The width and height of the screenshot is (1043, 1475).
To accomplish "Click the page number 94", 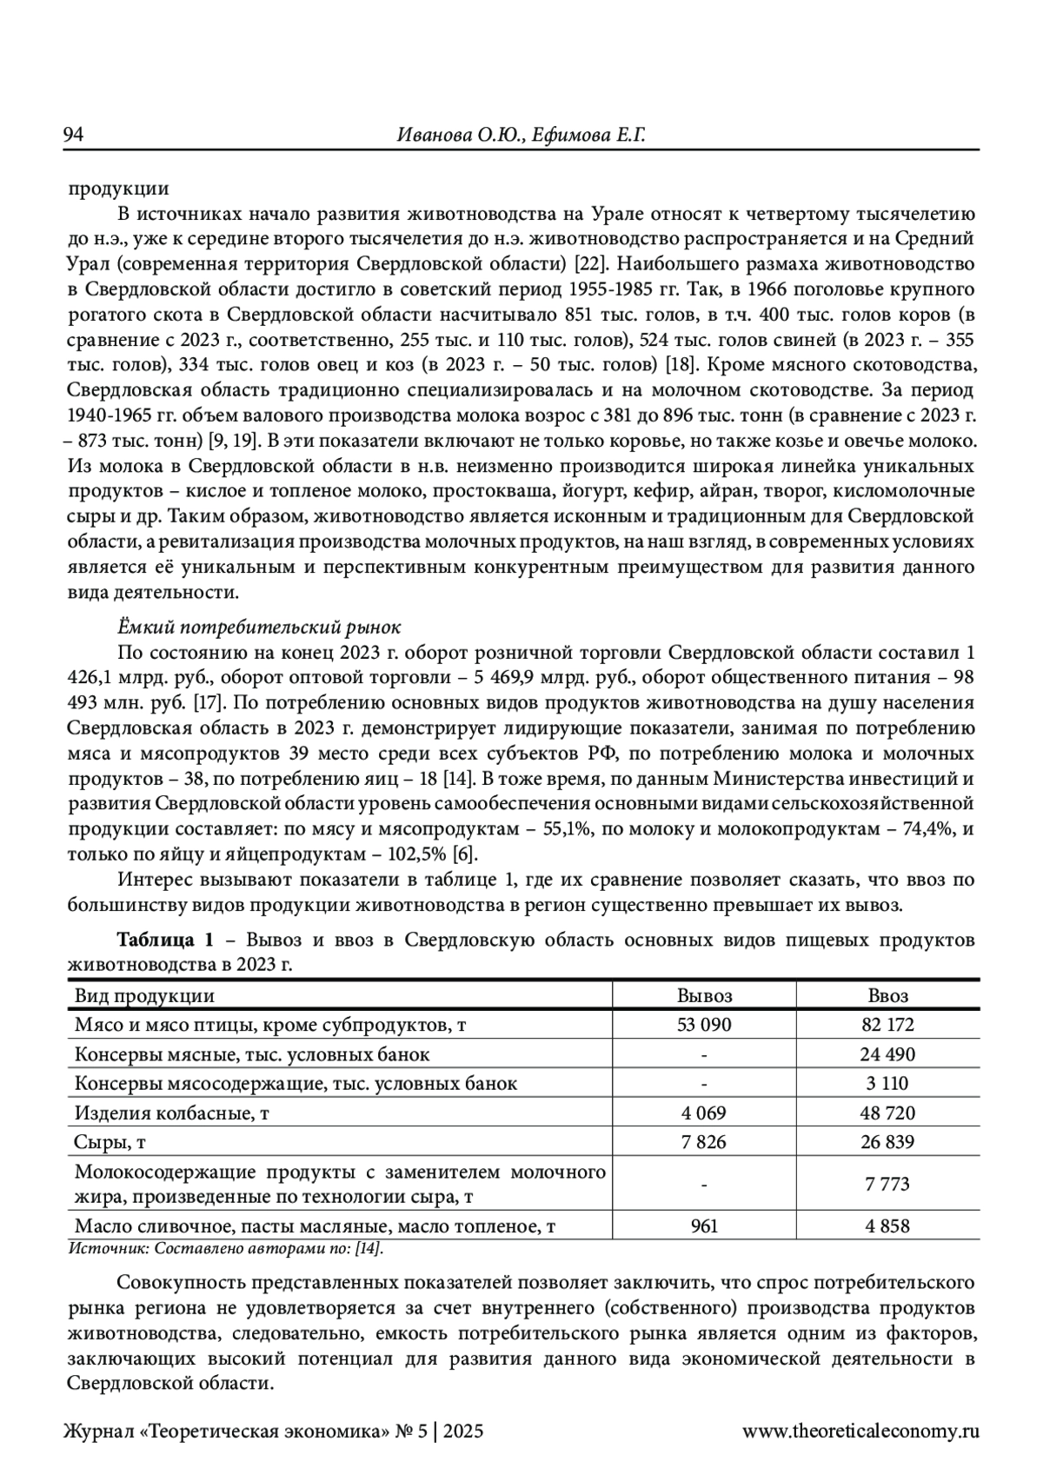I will click(73, 135).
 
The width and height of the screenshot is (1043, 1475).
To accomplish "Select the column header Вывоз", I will click(704, 996).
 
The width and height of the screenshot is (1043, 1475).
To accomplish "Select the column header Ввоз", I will click(887, 996).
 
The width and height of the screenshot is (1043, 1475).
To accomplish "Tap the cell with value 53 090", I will click(704, 1025).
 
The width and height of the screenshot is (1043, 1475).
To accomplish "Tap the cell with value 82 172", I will click(887, 1025).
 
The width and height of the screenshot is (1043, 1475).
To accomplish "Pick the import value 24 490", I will click(887, 1054).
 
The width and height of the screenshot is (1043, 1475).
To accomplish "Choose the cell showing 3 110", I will click(887, 1083).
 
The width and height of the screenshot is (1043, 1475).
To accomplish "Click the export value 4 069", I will click(704, 1113).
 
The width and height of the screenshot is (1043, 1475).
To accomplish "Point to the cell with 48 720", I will click(887, 1113).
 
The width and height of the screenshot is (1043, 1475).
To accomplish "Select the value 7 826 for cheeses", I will click(704, 1141).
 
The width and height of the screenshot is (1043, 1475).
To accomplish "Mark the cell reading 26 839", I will click(887, 1141).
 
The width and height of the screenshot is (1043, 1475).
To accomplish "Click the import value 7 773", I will click(887, 1184).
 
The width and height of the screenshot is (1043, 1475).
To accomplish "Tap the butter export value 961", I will click(704, 1226).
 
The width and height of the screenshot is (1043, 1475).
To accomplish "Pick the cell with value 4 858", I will click(887, 1226).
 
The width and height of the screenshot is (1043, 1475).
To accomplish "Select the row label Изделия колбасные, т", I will click(172, 1113).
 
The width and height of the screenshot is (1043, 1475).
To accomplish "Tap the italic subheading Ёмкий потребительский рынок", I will click(258, 627).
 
